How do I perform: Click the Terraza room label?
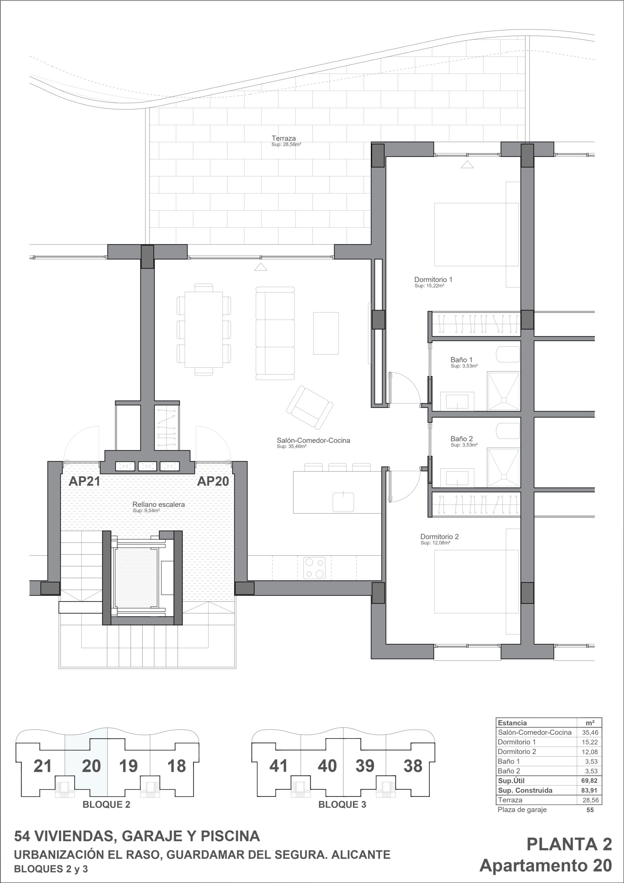[284, 138]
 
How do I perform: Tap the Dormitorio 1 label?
[433, 280]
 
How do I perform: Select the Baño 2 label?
[462, 439]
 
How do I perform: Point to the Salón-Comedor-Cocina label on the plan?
[313, 440]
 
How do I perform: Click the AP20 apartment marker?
[213, 481]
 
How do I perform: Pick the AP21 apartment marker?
[84, 481]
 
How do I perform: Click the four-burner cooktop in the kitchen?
[315, 568]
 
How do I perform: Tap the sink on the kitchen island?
[343, 502]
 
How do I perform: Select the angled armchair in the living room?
[310, 408]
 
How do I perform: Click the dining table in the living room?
[204, 330]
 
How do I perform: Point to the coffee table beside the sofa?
[326, 333]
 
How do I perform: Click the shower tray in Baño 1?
[503, 391]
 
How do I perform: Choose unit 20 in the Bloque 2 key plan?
[91, 766]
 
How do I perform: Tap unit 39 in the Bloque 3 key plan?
[364, 766]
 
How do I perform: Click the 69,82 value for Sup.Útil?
[590, 781]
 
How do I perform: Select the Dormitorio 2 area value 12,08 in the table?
[590, 752]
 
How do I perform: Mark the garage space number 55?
[590, 810]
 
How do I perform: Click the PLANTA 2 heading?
[569, 845]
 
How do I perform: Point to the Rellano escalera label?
[158, 504]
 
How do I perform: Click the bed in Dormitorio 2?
[476, 582]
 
